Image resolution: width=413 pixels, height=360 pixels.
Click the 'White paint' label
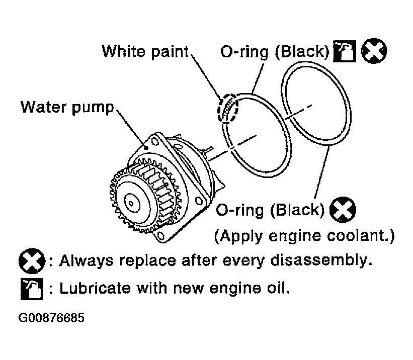[145, 52]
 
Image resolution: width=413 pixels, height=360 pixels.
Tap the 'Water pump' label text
[67, 108]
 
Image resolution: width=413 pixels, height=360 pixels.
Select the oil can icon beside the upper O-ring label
[345, 51]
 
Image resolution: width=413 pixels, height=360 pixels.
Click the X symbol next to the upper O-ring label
[374, 51]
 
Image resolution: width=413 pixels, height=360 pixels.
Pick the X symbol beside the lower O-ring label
[343, 210]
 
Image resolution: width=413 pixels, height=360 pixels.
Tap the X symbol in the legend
[32, 261]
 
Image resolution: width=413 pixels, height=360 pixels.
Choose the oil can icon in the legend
[32, 289]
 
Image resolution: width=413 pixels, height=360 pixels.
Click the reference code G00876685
[51, 318]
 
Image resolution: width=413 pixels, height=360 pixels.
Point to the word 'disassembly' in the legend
[321, 261]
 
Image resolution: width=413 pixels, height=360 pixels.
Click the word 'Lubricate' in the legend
[95, 288]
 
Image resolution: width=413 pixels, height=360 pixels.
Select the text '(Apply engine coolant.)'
[304, 236]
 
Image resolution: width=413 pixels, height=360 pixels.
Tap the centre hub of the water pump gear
[131, 203]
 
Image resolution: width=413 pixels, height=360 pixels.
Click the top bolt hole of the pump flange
[155, 142]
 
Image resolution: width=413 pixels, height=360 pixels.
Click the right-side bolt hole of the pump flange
[199, 202]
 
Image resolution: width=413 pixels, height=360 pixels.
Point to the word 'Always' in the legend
[87, 261]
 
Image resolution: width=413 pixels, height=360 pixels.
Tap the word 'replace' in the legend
[147, 261]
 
